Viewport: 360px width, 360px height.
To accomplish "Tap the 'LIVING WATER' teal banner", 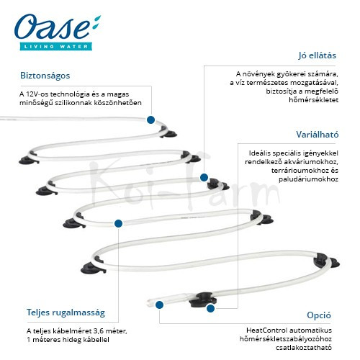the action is (56, 46).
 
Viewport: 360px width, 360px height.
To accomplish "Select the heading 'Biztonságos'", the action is (45, 76).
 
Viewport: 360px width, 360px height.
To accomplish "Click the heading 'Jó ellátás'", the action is (317, 55).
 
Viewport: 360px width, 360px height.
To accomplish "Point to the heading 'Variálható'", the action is (317, 135).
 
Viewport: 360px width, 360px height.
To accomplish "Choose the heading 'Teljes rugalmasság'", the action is (66, 312).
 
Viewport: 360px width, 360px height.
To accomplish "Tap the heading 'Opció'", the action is (319, 315).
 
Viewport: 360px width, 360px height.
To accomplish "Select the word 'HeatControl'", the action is (266, 330).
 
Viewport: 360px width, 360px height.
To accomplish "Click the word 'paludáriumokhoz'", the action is (308, 179).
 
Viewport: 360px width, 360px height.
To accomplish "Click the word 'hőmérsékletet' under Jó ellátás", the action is (314, 100).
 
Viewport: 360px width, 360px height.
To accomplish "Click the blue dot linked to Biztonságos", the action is (150, 120).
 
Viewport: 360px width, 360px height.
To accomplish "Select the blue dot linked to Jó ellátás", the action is (204, 178).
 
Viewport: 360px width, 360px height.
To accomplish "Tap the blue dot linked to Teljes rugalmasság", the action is (118, 223).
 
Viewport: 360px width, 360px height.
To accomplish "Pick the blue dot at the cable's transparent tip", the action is (159, 305).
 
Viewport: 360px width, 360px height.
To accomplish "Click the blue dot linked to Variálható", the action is (210, 309).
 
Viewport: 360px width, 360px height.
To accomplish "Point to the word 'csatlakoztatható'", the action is (304, 348).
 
